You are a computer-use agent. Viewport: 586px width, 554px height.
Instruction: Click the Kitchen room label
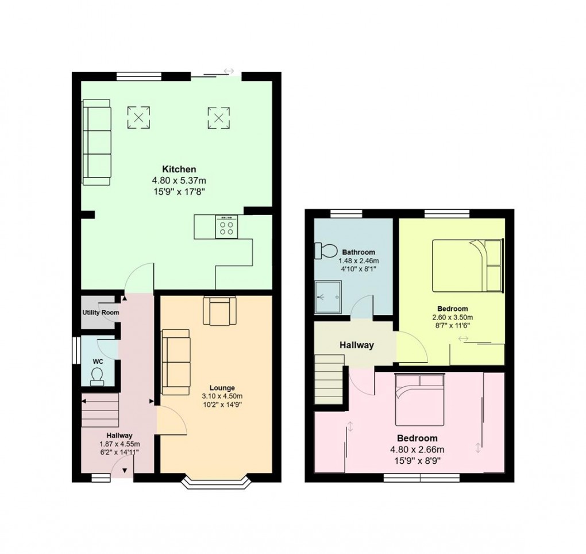179,169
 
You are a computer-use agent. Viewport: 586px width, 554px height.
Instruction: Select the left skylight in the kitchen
138,118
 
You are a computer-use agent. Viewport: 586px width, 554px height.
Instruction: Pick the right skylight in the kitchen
218,118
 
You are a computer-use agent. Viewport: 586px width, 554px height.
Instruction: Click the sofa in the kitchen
97,142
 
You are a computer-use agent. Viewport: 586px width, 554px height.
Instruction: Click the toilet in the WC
97,375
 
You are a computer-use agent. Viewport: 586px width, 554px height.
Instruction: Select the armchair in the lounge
219,311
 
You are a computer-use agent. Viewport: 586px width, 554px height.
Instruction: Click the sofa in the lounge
175,362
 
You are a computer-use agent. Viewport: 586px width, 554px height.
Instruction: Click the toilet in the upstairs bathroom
326,251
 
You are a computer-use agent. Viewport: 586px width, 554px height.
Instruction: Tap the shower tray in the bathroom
327,297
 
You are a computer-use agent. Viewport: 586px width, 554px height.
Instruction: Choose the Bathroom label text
358,252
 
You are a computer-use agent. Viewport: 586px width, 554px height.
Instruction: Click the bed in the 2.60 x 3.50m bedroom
467,265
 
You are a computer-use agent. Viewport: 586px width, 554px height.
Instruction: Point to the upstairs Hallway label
356,345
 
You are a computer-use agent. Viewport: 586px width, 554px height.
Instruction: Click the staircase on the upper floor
329,379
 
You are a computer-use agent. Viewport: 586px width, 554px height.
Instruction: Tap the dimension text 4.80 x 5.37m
179,180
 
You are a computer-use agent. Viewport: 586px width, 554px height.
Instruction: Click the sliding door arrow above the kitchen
229,71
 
